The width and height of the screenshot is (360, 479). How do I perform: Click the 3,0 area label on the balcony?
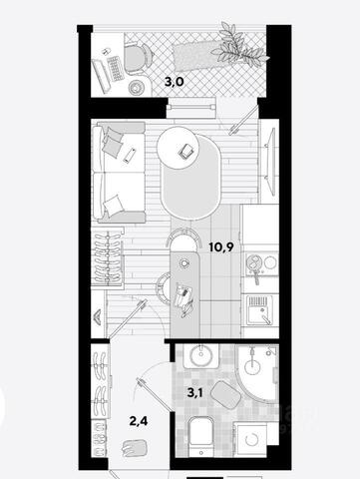coord(175,82)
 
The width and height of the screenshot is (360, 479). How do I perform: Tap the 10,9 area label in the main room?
coord(221,247)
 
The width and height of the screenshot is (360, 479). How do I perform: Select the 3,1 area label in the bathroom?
coord(194,393)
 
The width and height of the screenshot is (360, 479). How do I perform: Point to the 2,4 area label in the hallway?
coord(139,421)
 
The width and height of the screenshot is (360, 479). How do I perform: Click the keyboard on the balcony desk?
coord(116,68)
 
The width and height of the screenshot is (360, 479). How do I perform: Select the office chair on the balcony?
coord(139,56)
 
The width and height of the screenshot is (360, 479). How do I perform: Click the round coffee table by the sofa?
coord(178,149)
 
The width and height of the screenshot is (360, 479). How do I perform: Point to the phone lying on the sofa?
coord(130,155)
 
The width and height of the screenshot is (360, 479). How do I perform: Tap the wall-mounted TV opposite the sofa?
coord(270,163)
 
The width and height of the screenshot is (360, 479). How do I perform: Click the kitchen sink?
coord(260,310)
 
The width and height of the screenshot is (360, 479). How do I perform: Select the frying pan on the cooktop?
coord(254,265)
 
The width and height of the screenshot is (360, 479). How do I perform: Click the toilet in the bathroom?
coord(200,436)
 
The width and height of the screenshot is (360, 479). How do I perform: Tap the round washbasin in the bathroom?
coord(201,355)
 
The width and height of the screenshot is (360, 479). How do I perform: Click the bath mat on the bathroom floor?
coord(225,394)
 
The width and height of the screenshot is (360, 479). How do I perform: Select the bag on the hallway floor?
coord(135,448)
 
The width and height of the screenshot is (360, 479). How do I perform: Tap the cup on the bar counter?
coord(183,263)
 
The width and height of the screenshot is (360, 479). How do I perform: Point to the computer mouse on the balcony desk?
coord(106,52)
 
